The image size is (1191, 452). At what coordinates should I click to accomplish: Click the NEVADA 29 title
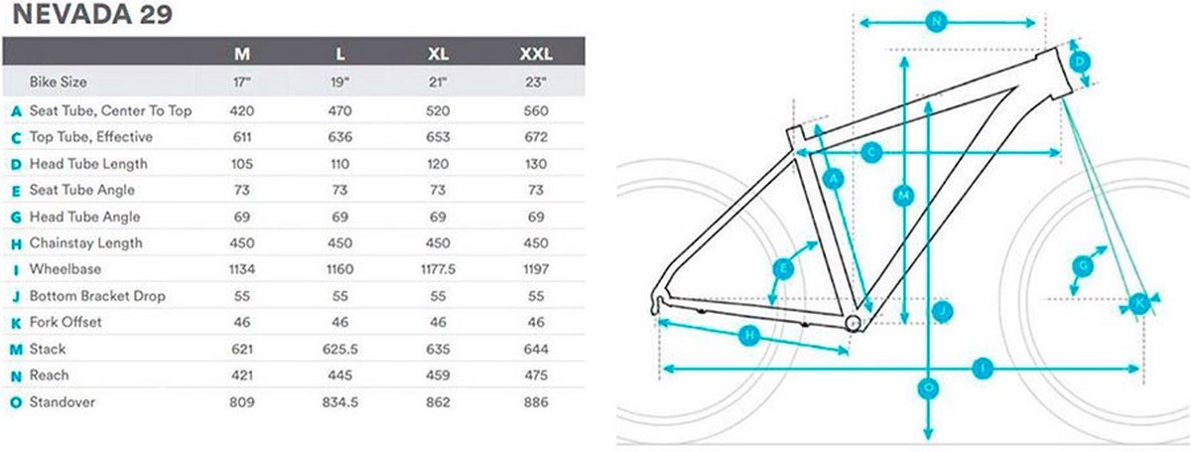92,14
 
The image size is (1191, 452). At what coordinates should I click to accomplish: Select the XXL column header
535,54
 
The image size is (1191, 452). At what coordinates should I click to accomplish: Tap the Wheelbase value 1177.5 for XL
438,269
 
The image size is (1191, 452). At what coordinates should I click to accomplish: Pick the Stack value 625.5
339,350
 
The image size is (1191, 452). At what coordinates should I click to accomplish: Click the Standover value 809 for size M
242,402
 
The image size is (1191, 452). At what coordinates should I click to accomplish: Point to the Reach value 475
535,376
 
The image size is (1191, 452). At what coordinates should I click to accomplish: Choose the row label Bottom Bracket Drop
97,296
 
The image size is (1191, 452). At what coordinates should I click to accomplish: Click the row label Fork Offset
66,322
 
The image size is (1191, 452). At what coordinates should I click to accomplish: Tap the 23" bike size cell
535,82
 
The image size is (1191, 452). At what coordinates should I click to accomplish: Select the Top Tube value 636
339,137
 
